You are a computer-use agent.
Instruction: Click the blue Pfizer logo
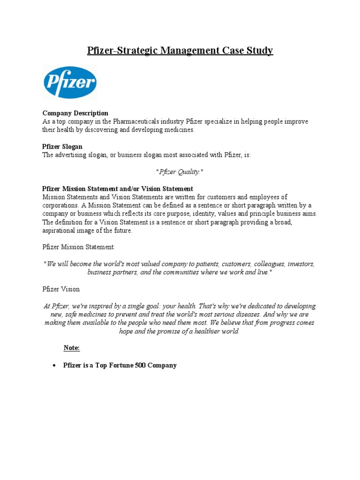point(70,82)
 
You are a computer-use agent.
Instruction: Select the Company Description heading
point(75,113)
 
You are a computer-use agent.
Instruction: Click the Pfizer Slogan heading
point(62,147)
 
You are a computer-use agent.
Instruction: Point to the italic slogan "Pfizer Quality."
point(180,172)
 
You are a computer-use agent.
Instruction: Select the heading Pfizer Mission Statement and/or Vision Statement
point(118,188)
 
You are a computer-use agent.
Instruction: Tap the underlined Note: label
point(72,348)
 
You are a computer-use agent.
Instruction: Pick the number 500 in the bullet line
point(139,365)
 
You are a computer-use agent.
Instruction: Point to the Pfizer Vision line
point(61,289)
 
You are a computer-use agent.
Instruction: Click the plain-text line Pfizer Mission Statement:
point(78,247)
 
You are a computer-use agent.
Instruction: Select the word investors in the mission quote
point(301,264)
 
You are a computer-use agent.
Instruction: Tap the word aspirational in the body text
point(60,231)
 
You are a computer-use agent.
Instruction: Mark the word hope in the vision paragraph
point(128,331)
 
